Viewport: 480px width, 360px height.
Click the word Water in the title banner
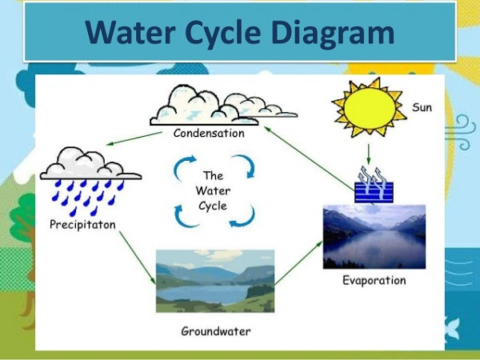(x=125, y=33)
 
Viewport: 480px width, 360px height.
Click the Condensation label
(x=209, y=134)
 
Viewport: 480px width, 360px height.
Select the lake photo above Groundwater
(x=214, y=279)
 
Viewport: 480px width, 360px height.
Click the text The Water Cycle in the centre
(x=212, y=190)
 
